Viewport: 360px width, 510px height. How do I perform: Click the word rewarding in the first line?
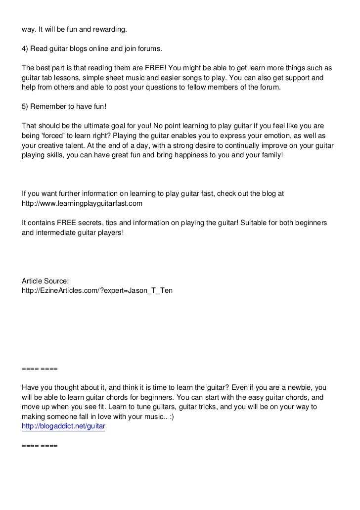pyautogui.click(x=109, y=30)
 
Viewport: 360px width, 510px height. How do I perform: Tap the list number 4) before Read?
pyautogui.click(x=25, y=50)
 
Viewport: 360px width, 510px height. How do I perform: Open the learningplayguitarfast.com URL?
pyautogui.click(x=82, y=203)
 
